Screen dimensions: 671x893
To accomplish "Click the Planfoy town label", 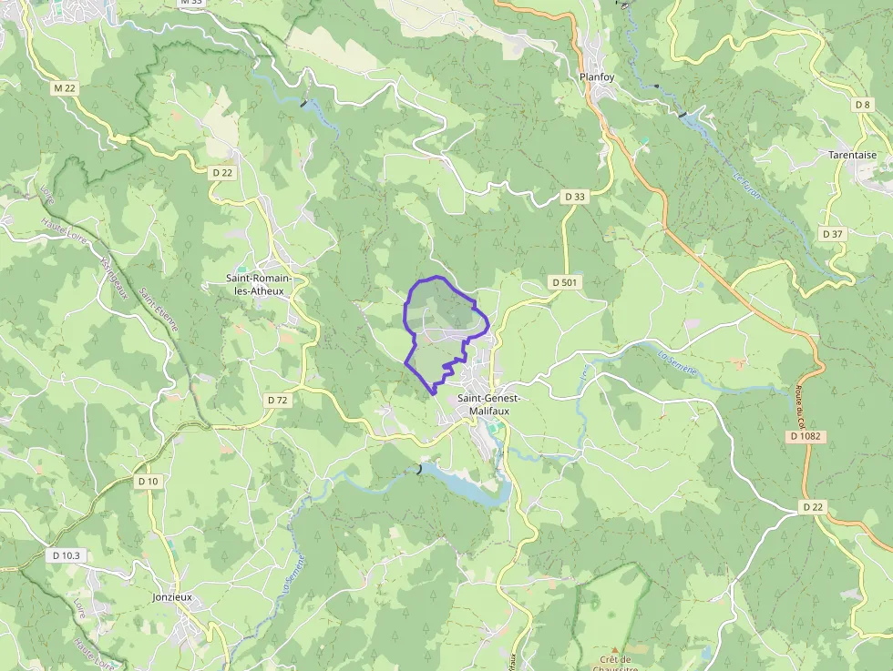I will tap(597, 77).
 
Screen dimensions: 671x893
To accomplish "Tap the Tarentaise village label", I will tap(853, 155).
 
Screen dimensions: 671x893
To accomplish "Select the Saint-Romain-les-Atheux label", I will tap(255, 284).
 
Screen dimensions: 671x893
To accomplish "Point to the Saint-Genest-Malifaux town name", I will tap(488, 404).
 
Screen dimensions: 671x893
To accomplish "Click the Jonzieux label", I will tap(173, 597).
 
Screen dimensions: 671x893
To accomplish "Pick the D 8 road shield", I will tap(863, 105).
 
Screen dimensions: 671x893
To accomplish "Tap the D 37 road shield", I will tap(833, 234).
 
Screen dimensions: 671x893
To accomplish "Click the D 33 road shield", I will tap(574, 196).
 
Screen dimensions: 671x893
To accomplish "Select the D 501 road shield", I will tap(565, 283).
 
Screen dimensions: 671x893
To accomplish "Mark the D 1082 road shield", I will tap(806, 437).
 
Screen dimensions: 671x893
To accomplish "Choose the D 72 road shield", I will tap(278, 400).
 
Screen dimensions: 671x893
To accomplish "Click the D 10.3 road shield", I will tap(67, 554).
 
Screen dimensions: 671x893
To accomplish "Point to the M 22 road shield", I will tap(64, 87).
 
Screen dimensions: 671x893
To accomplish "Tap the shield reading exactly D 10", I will tap(147, 481).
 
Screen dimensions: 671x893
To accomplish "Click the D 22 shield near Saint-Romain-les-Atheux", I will tap(222, 172).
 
